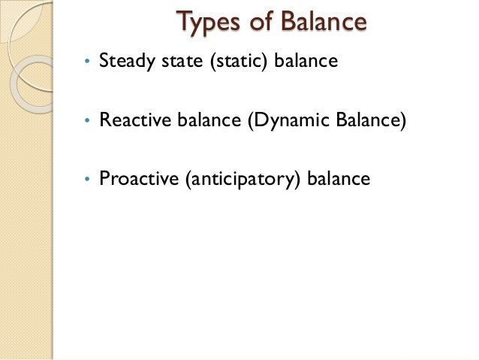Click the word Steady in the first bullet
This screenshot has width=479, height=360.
coord(125,60)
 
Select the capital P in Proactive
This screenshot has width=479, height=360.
coord(104,180)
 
